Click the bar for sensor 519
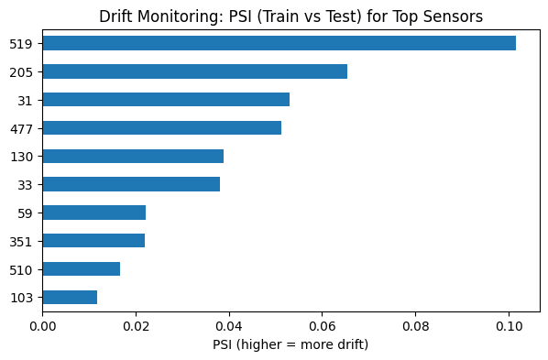pos(279,43)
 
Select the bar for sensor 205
pos(194,71)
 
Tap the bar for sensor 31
pos(166,100)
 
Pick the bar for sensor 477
pos(161,128)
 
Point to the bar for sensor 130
pos(133,157)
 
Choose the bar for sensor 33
pos(131,184)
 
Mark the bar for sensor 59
pos(93,213)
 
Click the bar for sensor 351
pos(93,241)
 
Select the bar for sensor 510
pos(81,269)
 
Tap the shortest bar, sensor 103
pos(70,297)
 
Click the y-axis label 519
pos(21,43)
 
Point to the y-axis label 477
pos(21,128)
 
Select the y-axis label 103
pos(21,298)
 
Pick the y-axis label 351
pos(21,241)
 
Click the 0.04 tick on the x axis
pos(229,325)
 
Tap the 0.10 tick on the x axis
pos(509,325)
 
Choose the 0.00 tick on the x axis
pos(42,325)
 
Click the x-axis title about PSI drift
pos(290,344)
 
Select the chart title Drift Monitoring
pos(290,16)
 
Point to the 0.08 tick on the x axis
pos(415,325)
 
